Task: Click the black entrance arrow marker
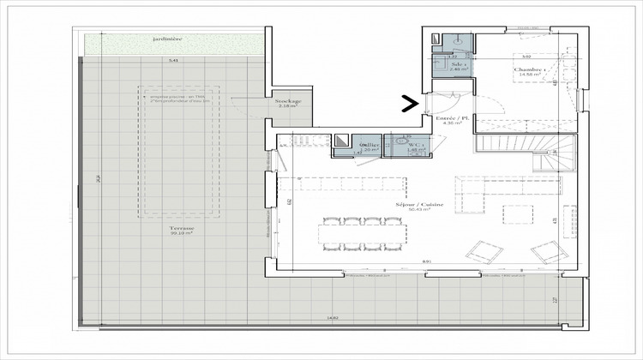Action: point(411,105)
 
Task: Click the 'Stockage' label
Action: point(287,101)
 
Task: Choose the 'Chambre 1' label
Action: point(526,69)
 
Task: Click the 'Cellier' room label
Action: point(370,145)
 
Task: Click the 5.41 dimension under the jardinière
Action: point(172,61)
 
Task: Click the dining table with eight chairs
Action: point(361,234)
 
